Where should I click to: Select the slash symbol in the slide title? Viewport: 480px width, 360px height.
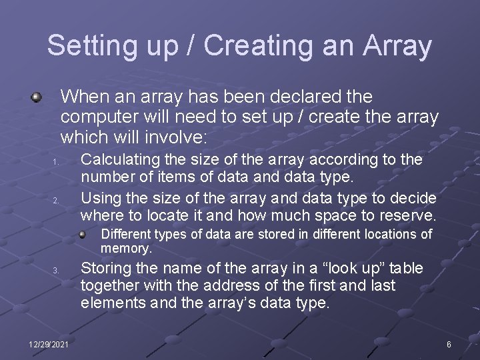[x=190, y=46]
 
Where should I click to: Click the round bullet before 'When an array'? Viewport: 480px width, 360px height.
[x=37, y=98]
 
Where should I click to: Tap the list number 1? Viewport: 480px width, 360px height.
[x=57, y=162]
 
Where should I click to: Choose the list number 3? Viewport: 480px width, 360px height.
[x=57, y=270]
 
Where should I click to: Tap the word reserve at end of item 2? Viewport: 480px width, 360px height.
[x=406, y=215]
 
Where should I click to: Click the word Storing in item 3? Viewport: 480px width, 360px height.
[x=105, y=268]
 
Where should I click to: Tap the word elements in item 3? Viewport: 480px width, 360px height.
[x=109, y=303]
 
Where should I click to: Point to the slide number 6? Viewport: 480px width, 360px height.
[x=449, y=344]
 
